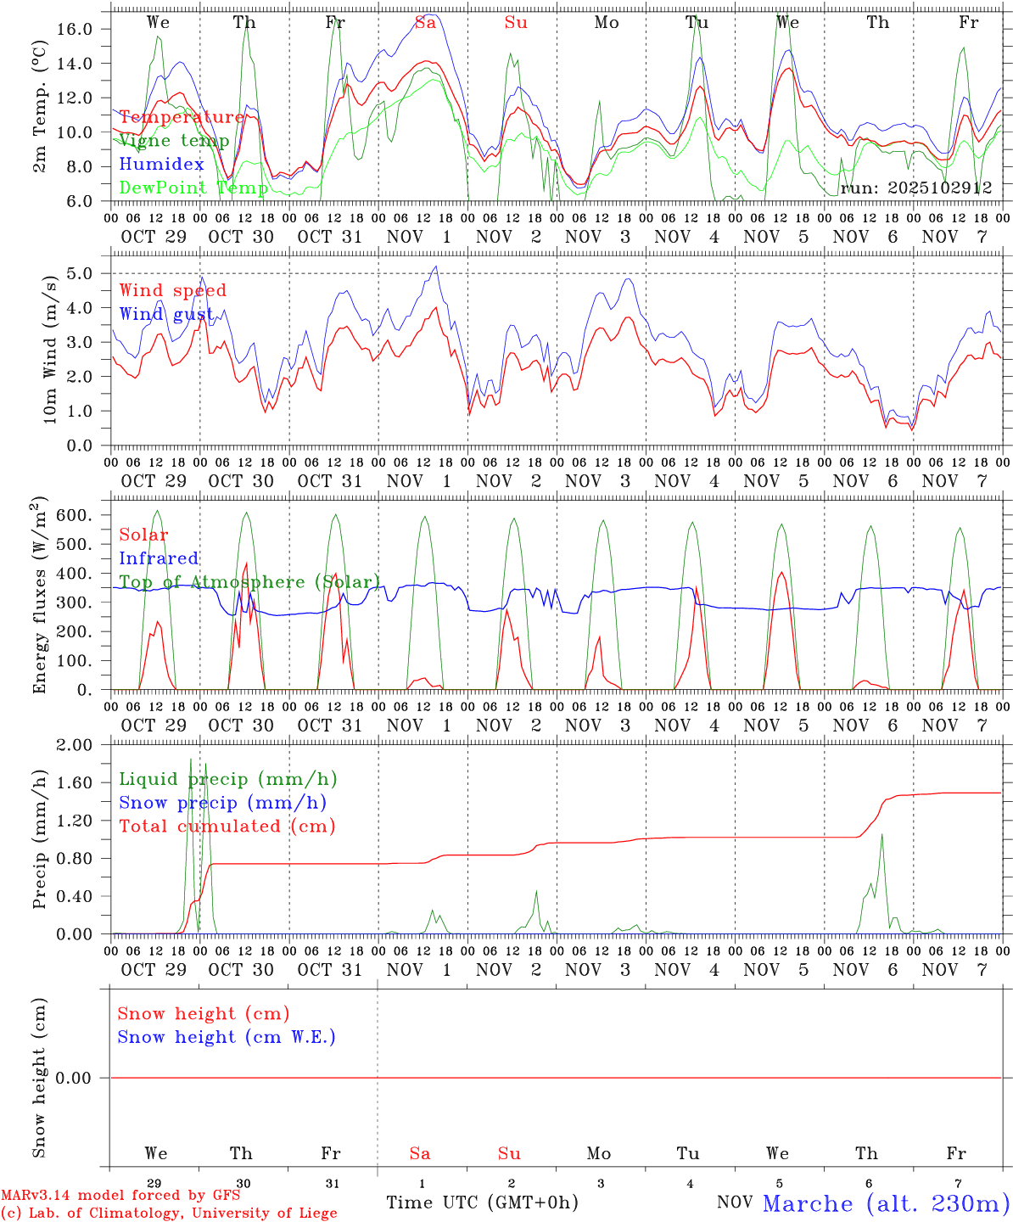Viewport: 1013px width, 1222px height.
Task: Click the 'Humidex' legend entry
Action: point(161,165)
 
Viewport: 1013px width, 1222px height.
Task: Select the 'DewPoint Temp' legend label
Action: point(193,188)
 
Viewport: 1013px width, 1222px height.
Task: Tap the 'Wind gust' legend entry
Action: point(166,314)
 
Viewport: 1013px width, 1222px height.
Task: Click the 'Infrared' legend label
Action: point(159,558)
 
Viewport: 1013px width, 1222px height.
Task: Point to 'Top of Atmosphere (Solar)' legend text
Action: point(249,582)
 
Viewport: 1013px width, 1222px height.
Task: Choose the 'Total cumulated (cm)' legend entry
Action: point(227,827)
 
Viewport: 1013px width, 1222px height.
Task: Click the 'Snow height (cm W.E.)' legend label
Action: point(227,1037)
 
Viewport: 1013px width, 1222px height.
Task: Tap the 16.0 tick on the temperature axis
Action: point(76,29)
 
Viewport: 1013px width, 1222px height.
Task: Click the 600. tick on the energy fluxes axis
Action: point(74,515)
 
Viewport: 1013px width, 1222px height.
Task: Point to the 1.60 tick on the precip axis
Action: point(76,782)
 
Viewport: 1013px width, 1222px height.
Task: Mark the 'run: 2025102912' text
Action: point(915,188)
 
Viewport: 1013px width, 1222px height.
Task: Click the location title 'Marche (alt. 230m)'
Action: point(886,1203)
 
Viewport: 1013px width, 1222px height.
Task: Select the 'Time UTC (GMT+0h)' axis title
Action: point(482,1202)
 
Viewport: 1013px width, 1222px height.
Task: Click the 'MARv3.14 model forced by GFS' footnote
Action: point(120,1196)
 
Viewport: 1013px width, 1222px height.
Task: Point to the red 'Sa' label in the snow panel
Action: point(420,1153)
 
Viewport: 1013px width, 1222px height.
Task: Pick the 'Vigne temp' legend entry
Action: point(174,141)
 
